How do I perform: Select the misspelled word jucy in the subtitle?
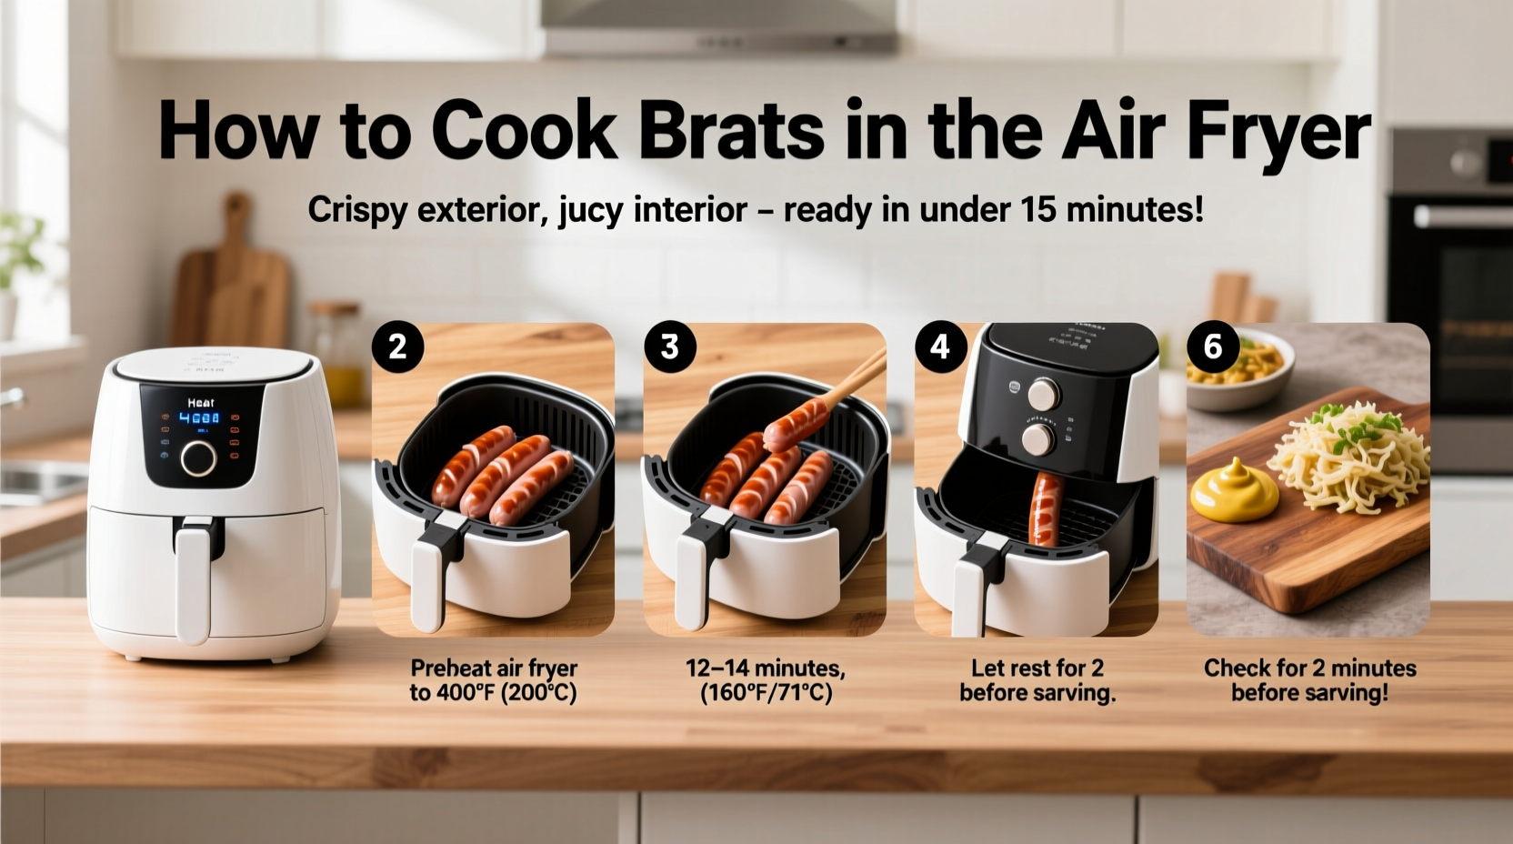point(590,211)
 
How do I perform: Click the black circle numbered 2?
point(397,347)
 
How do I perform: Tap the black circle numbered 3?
point(669,347)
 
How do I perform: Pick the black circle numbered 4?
point(939,347)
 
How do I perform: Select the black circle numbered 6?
point(1213,347)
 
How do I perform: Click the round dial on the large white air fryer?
point(198,458)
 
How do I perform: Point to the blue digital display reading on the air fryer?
point(198,418)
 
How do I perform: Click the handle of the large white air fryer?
point(195,578)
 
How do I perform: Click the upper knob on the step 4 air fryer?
point(1044,395)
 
